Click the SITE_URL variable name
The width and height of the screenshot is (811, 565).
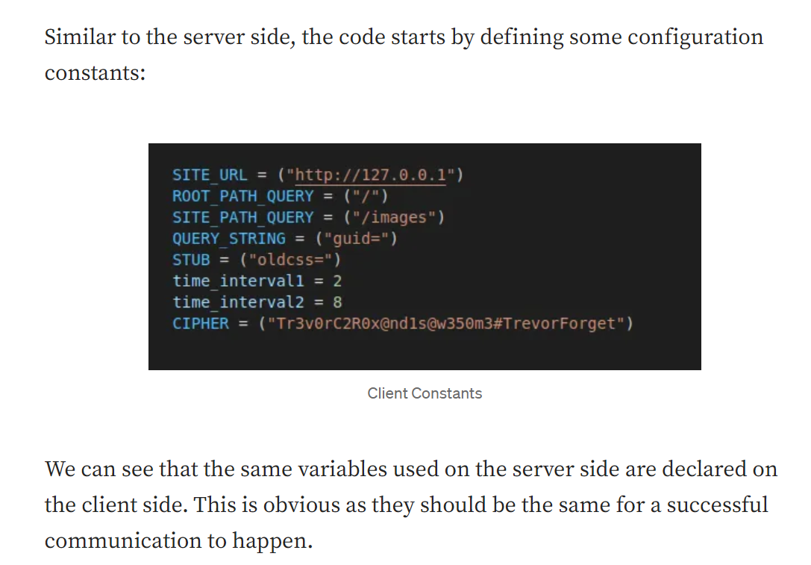tap(210, 175)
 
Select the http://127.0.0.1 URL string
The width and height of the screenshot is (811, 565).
tap(370, 175)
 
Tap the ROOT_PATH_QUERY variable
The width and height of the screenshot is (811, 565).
tap(243, 196)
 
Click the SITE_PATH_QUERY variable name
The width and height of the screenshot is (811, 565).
tap(243, 217)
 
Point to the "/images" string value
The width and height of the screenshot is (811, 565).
tap(394, 217)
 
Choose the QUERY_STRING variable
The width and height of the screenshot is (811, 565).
tap(228, 239)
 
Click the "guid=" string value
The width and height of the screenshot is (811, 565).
tap(357, 239)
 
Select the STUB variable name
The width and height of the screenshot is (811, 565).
tap(191, 260)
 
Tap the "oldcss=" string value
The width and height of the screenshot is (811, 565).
tap(290, 260)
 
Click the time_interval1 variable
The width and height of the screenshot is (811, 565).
tap(239, 281)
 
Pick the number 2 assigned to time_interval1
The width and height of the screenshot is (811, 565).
tap(337, 281)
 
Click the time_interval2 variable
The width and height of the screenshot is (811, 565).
tap(239, 302)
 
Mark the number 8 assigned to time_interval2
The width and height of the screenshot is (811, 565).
tap(337, 302)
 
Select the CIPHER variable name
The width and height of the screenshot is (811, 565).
tap(201, 323)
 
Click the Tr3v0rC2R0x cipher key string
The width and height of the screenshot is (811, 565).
tap(446, 323)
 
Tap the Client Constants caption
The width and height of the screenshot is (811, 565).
tap(425, 393)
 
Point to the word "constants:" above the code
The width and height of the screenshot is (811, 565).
tap(95, 73)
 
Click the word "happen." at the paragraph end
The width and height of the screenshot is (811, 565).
tap(272, 541)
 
